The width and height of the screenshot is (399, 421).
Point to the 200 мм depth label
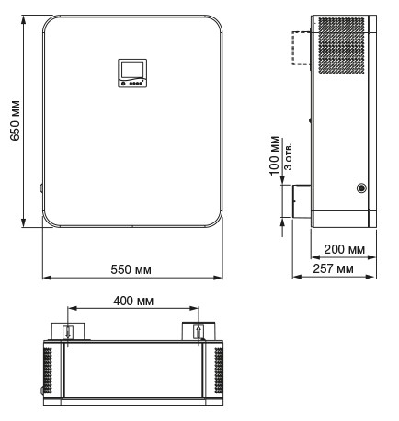(335, 249)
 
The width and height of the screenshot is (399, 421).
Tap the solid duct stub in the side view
(302, 201)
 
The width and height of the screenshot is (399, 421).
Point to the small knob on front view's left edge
(41, 188)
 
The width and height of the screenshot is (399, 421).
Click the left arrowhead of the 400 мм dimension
(65, 309)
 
